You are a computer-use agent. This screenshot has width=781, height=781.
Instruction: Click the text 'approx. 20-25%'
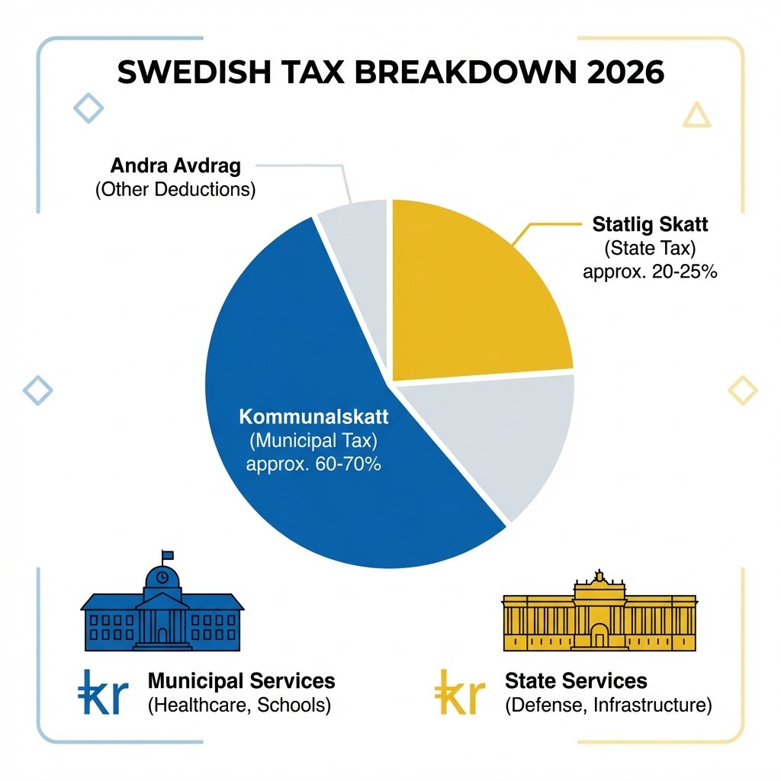click(x=649, y=272)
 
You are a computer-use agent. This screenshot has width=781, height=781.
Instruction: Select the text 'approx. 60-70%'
click(x=313, y=464)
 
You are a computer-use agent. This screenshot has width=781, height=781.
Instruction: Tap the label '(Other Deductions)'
click(x=175, y=189)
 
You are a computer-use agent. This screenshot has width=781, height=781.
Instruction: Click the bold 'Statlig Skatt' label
click(x=650, y=225)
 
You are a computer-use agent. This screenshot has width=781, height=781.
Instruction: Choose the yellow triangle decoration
click(x=696, y=115)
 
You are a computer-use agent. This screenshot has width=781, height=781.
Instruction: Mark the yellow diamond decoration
click(x=743, y=390)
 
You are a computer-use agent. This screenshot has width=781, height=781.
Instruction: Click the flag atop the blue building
click(x=167, y=555)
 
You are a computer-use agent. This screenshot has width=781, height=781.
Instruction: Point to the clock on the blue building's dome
click(x=162, y=578)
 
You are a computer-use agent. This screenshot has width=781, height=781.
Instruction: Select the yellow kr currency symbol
click(x=460, y=692)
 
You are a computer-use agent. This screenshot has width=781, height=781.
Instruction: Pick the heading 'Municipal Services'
click(x=241, y=680)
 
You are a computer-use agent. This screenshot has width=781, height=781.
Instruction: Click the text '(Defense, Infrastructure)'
click(x=609, y=705)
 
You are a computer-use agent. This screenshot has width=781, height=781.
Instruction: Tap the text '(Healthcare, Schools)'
click(x=239, y=705)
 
